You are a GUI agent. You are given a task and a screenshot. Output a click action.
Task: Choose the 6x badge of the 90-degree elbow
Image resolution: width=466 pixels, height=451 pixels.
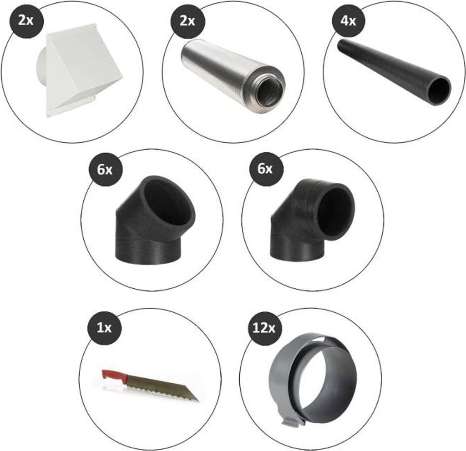click(266, 169)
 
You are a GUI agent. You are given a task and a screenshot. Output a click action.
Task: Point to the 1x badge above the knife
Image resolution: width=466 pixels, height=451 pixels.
click(104, 328)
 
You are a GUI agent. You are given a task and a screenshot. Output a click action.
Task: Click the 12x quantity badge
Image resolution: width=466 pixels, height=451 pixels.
click(264, 328)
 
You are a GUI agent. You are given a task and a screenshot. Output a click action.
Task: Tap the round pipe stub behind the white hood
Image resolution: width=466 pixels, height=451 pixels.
click(42, 71)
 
